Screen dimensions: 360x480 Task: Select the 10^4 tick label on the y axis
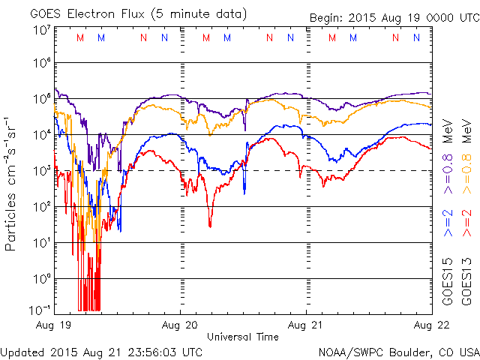(x=42, y=135)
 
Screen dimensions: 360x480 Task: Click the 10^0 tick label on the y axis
(x=42, y=278)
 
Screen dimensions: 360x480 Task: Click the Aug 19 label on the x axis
(x=53, y=326)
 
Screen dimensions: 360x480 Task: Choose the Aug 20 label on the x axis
(x=180, y=326)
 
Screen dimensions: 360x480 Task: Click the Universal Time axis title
(x=242, y=337)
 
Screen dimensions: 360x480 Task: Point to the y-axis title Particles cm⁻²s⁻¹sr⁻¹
(x=11, y=184)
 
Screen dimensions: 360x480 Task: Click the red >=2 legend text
(x=466, y=223)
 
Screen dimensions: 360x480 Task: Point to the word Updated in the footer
(x=22, y=351)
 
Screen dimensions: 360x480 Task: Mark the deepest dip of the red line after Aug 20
(x=210, y=225)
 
